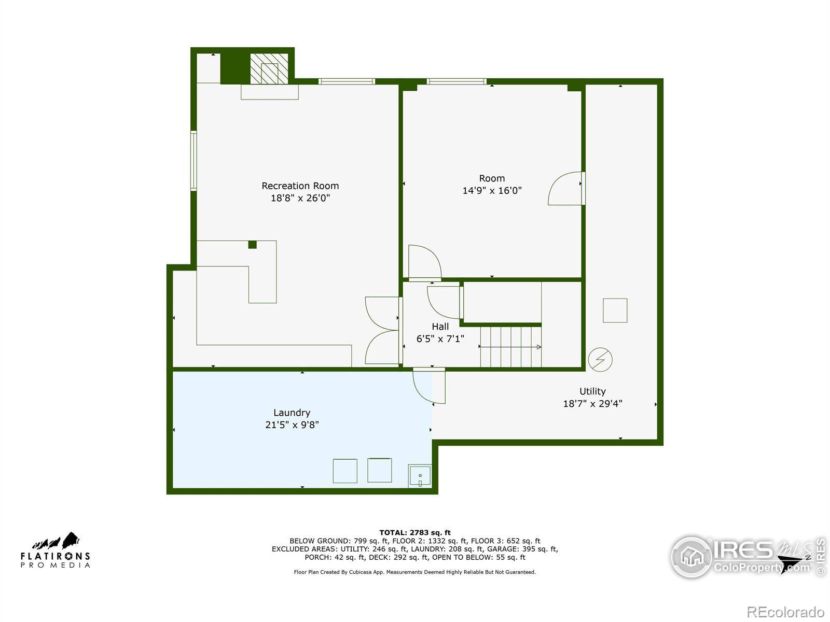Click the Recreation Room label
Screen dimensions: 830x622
[x=300, y=186]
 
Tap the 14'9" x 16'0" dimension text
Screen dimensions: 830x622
[x=492, y=190]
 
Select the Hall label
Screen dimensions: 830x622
[x=440, y=327]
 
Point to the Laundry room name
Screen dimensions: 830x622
[x=292, y=413]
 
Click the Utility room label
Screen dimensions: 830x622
[x=592, y=391]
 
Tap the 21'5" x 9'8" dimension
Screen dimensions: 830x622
[x=292, y=425]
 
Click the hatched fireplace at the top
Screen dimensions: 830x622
[x=269, y=69]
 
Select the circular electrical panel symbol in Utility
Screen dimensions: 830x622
[x=600, y=359]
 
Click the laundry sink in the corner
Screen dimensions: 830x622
[x=419, y=476]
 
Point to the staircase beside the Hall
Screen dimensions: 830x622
[x=510, y=346]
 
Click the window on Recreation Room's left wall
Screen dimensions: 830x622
[x=193, y=161]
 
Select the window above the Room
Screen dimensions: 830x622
[x=457, y=81]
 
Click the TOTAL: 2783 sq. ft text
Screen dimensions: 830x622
[x=415, y=532]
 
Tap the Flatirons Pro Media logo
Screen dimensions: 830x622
[x=55, y=550]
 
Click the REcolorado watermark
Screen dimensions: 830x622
[x=786, y=612]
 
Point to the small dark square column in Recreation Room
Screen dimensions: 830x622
[x=252, y=245]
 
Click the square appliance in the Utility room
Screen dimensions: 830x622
[x=615, y=310]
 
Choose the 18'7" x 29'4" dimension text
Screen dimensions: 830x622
[x=592, y=404]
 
